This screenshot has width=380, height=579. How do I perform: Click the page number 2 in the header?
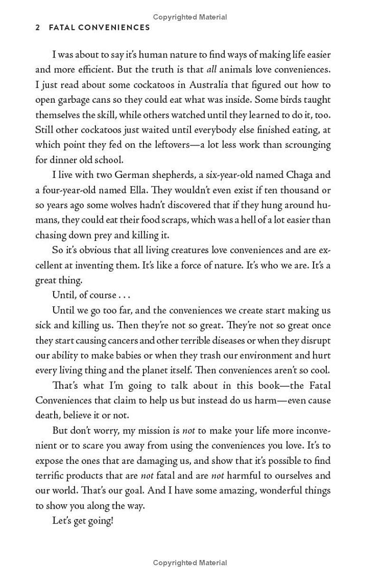click(x=38, y=28)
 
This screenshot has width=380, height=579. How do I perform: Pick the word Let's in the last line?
click(x=63, y=521)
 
